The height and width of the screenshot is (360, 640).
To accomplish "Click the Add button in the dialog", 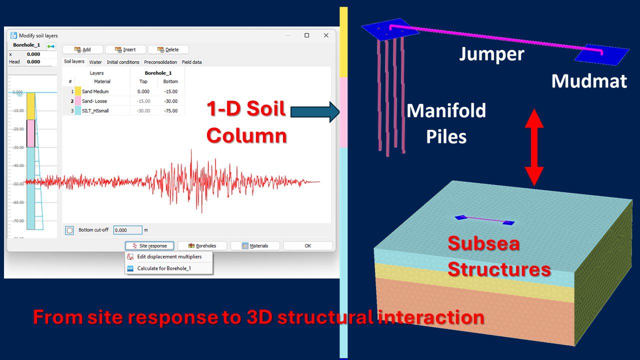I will tap(82, 49).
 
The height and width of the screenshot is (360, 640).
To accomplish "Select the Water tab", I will tap(95, 62).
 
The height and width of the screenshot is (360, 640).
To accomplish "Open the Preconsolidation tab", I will tap(160, 62).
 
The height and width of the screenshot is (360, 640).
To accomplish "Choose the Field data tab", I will tap(191, 62).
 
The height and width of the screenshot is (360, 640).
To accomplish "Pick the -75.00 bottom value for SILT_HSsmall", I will tap(170, 110).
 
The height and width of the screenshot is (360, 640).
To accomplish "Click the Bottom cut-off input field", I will tap(127, 230).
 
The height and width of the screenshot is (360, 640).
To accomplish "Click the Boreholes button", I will tap(202, 245).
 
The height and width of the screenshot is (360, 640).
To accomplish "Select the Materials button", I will tap(255, 245).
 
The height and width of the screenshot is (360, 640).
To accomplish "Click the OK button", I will tap(307, 245).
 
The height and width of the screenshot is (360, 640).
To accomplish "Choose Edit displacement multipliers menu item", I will tap(169, 256).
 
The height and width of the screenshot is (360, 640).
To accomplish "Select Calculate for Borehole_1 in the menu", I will tap(164, 268).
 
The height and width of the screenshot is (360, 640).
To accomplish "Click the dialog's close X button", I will tap(326, 35).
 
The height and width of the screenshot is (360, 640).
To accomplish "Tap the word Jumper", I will tap(491, 53).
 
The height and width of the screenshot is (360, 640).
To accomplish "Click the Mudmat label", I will tap(588, 81).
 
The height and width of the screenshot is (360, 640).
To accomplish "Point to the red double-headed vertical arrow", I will tap(534, 147).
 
